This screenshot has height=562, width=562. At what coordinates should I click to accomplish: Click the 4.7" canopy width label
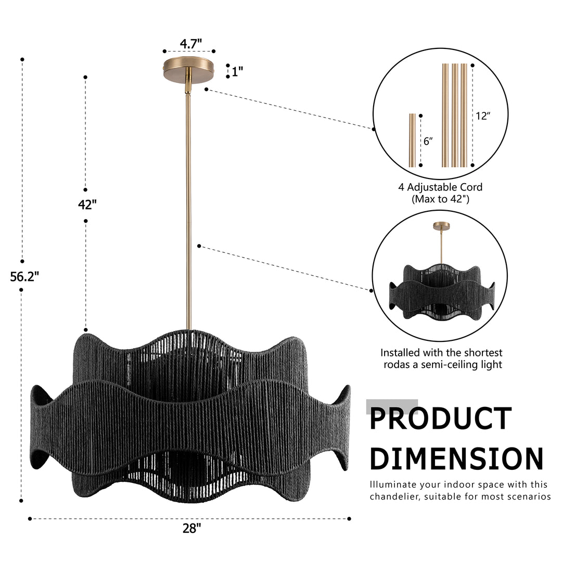click(x=190, y=44)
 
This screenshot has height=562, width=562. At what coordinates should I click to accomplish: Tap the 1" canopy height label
click(x=237, y=72)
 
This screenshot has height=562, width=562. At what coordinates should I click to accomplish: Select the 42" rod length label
click(x=87, y=205)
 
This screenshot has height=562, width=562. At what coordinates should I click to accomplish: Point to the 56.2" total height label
click(x=24, y=276)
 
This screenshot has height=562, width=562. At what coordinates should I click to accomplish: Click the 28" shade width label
click(x=191, y=528)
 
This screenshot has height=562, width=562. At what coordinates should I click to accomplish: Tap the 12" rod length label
click(x=483, y=116)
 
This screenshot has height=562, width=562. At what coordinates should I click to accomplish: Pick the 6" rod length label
click(x=428, y=141)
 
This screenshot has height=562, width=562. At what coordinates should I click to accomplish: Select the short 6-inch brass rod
click(x=413, y=140)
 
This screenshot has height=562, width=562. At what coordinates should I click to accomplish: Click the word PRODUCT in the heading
click(x=441, y=418)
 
